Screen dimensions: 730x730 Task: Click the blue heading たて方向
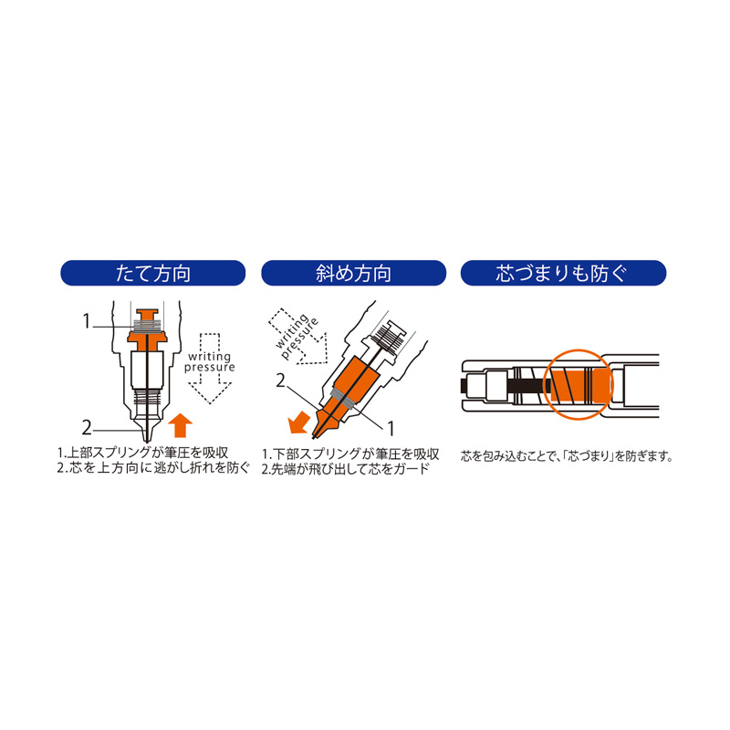click(x=152, y=273)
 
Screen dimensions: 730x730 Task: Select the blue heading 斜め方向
click(x=353, y=273)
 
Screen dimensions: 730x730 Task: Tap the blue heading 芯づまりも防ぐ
click(x=563, y=273)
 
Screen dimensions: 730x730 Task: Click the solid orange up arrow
click(x=180, y=425)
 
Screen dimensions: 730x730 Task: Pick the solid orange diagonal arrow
click(x=298, y=422)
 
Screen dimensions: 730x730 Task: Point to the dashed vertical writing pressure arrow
click(x=210, y=369)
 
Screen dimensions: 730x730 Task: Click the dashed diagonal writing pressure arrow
click(x=299, y=337)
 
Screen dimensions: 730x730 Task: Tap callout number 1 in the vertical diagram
click(x=86, y=321)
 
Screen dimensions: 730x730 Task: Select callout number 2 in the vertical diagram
click(x=87, y=428)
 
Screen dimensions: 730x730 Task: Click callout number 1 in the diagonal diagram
click(x=391, y=428)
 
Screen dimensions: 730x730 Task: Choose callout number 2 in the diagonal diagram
click(x=280, y=381)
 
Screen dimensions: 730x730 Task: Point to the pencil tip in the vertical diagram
click(x=147, y=439)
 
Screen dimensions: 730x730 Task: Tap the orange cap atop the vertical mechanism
click(x=147, y=314)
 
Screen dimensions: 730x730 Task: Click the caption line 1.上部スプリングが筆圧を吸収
click(x=143, y=453)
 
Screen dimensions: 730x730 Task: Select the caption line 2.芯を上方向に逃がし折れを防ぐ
click(x=153, y=467)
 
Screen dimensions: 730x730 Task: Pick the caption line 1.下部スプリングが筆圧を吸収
click(x=350, y=454)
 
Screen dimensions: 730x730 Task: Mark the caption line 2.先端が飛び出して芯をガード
click(x=345, y=469)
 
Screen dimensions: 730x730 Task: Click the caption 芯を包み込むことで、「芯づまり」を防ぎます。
click(x=567, y=455)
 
